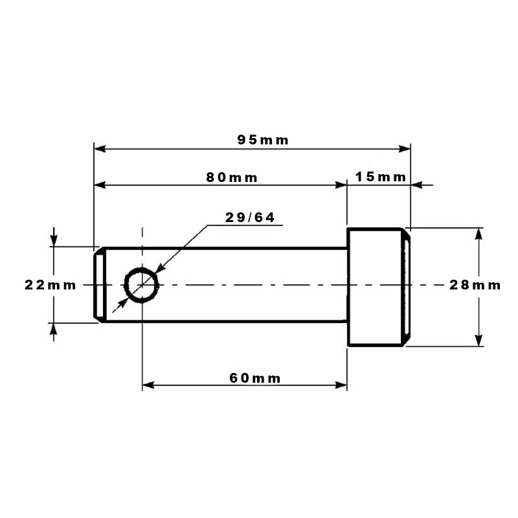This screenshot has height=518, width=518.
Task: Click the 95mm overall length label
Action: click(263, 140)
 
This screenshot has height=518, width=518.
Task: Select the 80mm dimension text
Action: click(232, 177)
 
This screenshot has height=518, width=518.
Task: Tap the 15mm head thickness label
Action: click(380, 177)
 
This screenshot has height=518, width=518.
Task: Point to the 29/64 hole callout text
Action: click(250, 218)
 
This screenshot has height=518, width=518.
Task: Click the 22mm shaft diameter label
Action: click(51, 285)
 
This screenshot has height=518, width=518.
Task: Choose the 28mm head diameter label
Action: click(475, 285)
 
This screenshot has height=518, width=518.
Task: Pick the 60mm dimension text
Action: click(254, 378)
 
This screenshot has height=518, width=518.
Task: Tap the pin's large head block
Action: click(379, 287)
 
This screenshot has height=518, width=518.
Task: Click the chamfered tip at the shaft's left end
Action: click(100, 285)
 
